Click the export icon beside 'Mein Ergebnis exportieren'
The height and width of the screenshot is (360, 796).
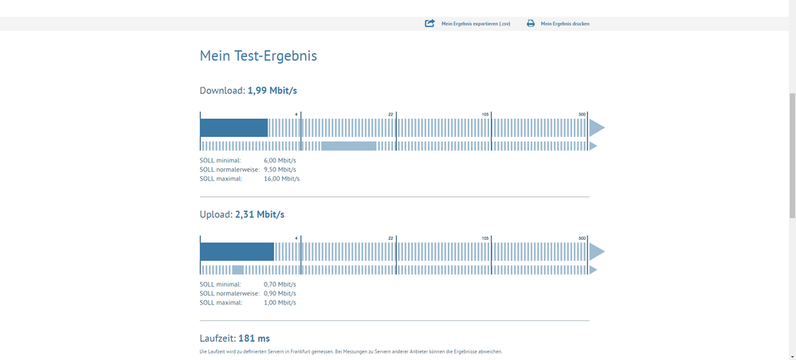click(430, 24)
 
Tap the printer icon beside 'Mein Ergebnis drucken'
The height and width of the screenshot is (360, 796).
click(531, 24)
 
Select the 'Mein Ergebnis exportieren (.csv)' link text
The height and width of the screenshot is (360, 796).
click(476, 24)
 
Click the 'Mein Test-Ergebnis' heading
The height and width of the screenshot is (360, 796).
click(258, 56)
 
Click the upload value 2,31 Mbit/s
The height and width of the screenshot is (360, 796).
click(260, 215)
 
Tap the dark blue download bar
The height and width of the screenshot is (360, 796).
click(233, 127)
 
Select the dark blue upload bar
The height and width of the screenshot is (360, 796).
click(237, 252)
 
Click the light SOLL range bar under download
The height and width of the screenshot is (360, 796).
click(348, 147)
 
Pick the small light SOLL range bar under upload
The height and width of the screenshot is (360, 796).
click(237, 270)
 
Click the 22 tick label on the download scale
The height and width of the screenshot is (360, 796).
click(391, 115)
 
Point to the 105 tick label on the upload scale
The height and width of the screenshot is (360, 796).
click(485, 239)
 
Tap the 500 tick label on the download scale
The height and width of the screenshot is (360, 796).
click(582, 115)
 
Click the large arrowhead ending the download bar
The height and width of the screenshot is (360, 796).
click(597, 127)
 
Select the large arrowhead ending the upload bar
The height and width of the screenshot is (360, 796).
click(597, 252)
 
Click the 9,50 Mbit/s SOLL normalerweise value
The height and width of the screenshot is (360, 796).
click(280, 169)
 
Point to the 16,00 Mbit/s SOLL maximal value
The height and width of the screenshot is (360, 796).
click(281, 178)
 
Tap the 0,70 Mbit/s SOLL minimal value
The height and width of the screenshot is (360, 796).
click(280, 284)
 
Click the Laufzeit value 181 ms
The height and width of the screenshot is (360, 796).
click(254, 338)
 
